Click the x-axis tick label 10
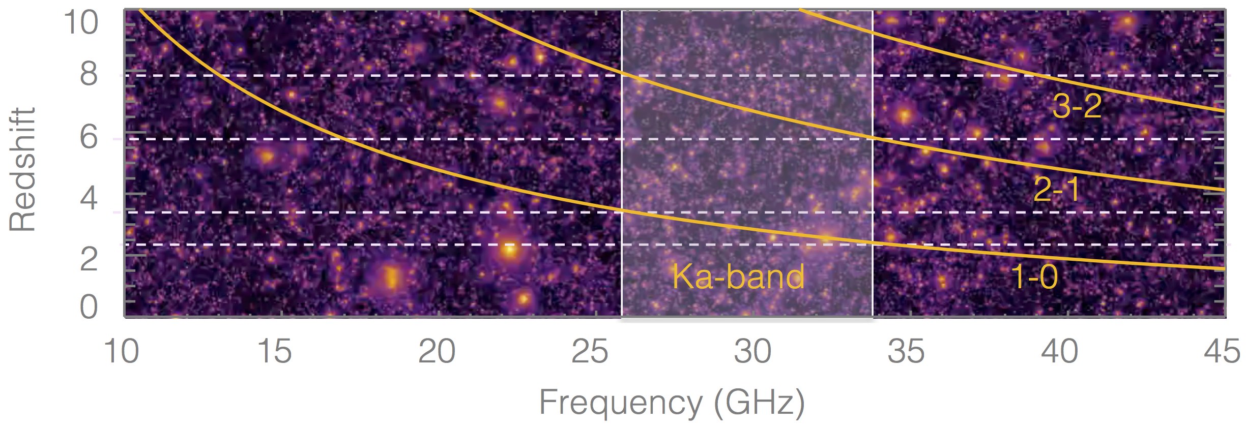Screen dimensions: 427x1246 pos(122,352)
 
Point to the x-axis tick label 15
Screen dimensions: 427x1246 pos(275,352)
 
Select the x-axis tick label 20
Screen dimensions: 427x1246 pos(437,352)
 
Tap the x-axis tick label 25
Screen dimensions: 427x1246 pos(590,352)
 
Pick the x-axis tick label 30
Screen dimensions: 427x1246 pos(752,352)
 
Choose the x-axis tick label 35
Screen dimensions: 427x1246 pos(906,352)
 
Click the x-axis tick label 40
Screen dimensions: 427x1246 pos(1060,352)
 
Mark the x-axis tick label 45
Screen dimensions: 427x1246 pos(1222,352)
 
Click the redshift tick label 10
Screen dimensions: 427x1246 pos(81,23)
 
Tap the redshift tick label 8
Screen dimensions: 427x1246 pos(89,75)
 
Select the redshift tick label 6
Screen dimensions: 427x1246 pos(89,137)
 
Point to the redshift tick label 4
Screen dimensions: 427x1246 pos(89,198)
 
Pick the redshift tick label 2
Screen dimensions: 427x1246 pos(89,259)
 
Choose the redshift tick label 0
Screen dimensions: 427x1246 pos(89,308)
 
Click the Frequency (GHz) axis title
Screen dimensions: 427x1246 pos(672,403)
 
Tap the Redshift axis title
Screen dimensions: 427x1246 pos(23,169)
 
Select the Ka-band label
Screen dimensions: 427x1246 pos(738,277)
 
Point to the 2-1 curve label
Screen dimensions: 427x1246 pos(1056,190)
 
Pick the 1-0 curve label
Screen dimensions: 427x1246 pos(1034,278)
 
